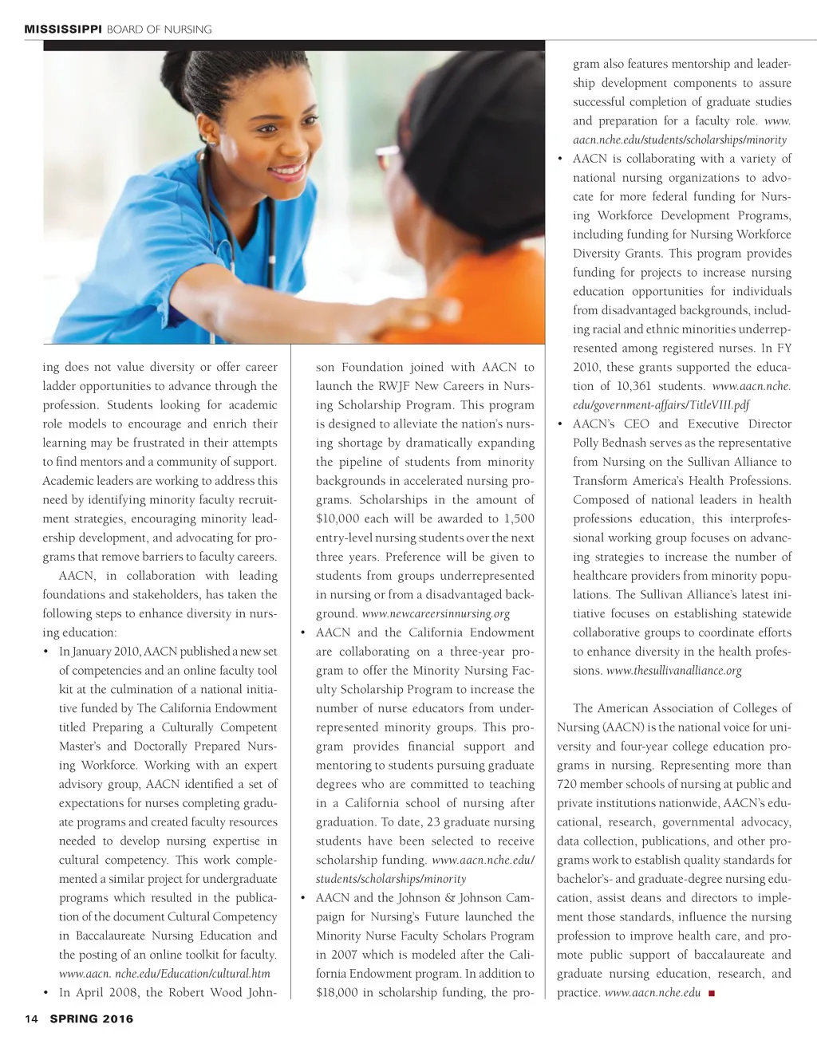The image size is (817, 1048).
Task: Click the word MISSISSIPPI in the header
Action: click(63, 30)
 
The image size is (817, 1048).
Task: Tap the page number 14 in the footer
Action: click(32, 1018)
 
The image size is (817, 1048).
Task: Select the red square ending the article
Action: click(711, 993)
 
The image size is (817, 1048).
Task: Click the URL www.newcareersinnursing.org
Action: click(436, 613)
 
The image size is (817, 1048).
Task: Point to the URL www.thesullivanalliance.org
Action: click(673, 671)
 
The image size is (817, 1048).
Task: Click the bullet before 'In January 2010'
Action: click(46, 652)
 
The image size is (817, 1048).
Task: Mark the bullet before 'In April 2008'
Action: click(46, 993)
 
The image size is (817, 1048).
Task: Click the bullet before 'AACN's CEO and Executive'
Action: click(561, 424)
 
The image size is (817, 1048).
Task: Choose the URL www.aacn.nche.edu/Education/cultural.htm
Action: click(164, 974)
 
